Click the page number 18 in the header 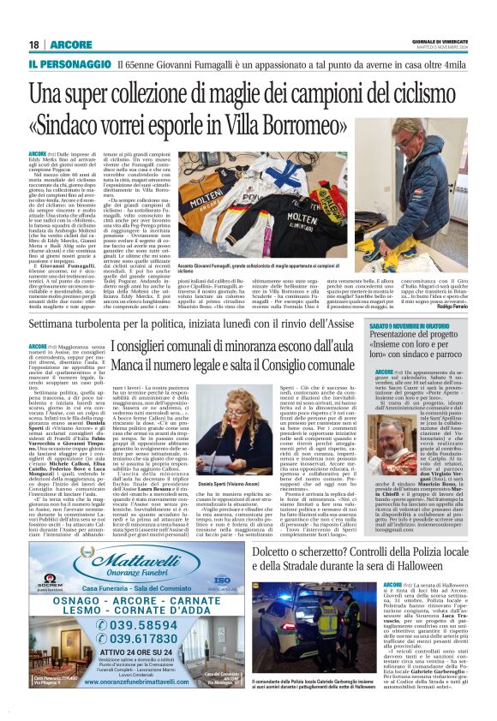(34, 45)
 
